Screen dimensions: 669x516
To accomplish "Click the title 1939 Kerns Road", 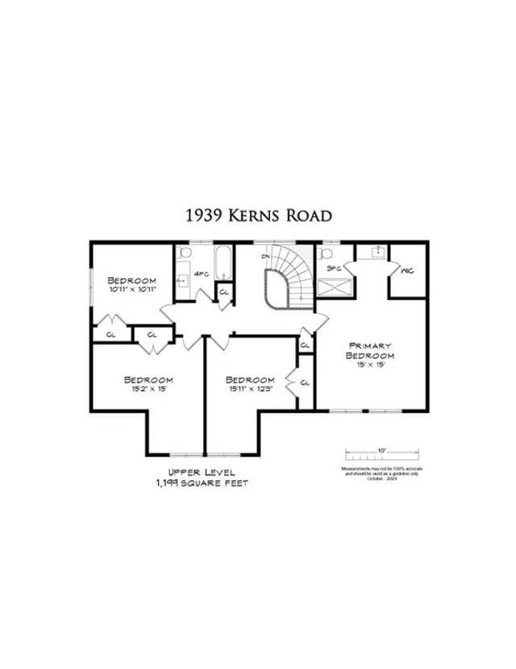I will click(x=257, y=216).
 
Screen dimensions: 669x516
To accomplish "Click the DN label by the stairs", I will click(x=265, y=257).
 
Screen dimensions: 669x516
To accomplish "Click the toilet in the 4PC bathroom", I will click(x=185, y=255).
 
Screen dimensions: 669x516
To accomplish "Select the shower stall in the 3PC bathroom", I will click(x=332, y=287).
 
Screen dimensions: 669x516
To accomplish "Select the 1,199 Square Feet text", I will click(x=190, y=483).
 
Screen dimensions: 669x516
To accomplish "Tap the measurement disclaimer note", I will click(x=381, y=472).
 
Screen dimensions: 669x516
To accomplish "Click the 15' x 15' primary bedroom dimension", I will click(x=369, y=364).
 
